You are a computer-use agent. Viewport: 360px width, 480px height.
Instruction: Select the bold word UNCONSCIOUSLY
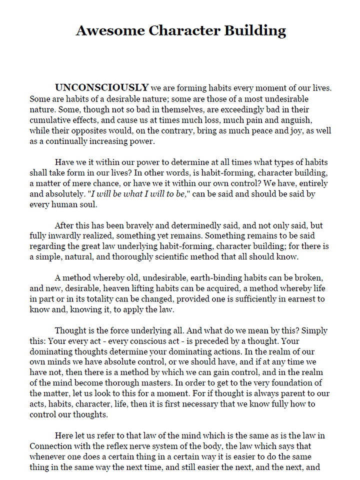[101, 88]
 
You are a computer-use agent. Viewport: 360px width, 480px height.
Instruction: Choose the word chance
[106, 183]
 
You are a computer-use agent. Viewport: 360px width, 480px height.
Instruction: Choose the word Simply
[314, 330]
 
